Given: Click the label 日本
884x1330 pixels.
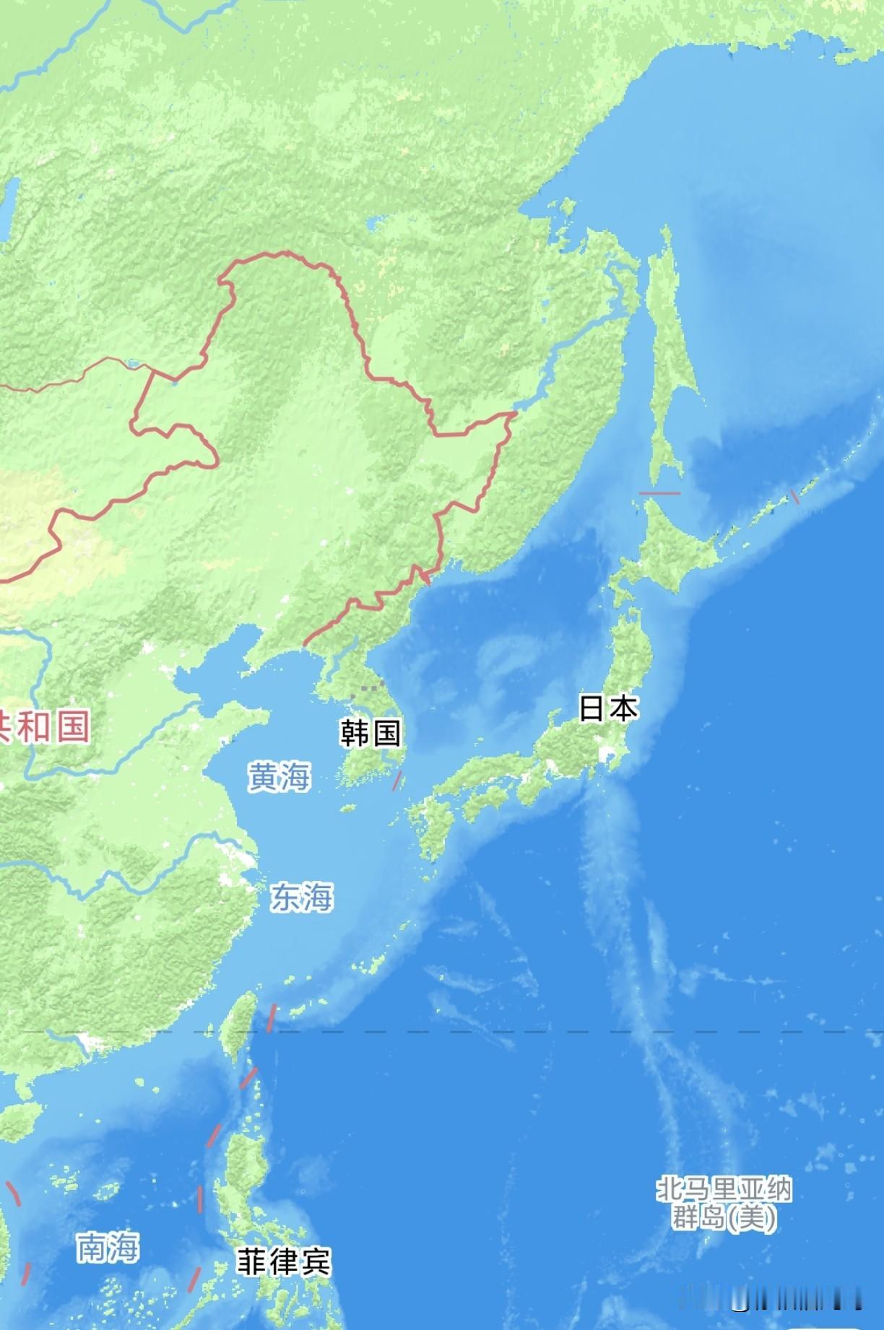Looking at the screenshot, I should point(608,708).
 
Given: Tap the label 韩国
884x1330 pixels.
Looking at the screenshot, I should point(370,733).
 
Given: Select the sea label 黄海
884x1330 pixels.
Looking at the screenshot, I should point(279,777).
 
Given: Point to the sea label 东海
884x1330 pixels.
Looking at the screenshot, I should point(302,897).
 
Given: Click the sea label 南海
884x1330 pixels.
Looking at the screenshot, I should point(108,1247).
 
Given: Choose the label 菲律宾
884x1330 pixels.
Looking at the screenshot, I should point(284,1262).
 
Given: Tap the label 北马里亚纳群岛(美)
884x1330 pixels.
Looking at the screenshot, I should point(724,1204).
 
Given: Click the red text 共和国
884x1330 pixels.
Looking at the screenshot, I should point(45,726).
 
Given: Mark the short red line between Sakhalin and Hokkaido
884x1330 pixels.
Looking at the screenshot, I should point(659,493).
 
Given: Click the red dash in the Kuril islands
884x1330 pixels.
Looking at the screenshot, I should point(794,496).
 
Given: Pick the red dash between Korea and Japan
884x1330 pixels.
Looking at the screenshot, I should point(396,780).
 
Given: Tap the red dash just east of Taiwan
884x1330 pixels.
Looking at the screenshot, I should point(272,1018).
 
